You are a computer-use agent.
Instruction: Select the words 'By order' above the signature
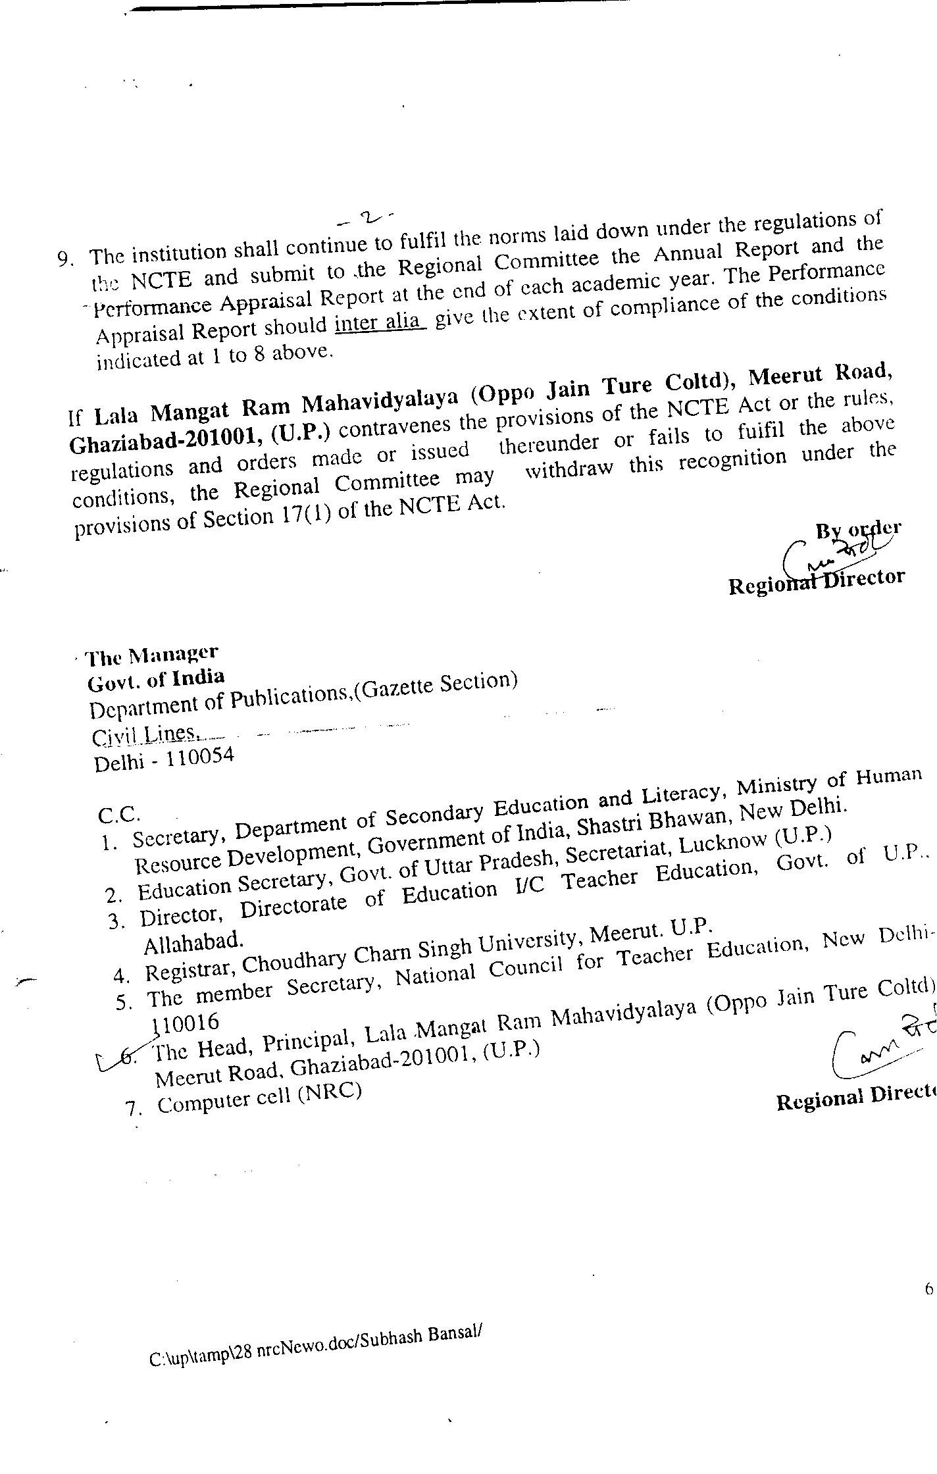(x=858, y=529)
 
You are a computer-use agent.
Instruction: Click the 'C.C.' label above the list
(x=118, y=815)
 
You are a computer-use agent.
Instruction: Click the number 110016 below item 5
(x=185, y=1023)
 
